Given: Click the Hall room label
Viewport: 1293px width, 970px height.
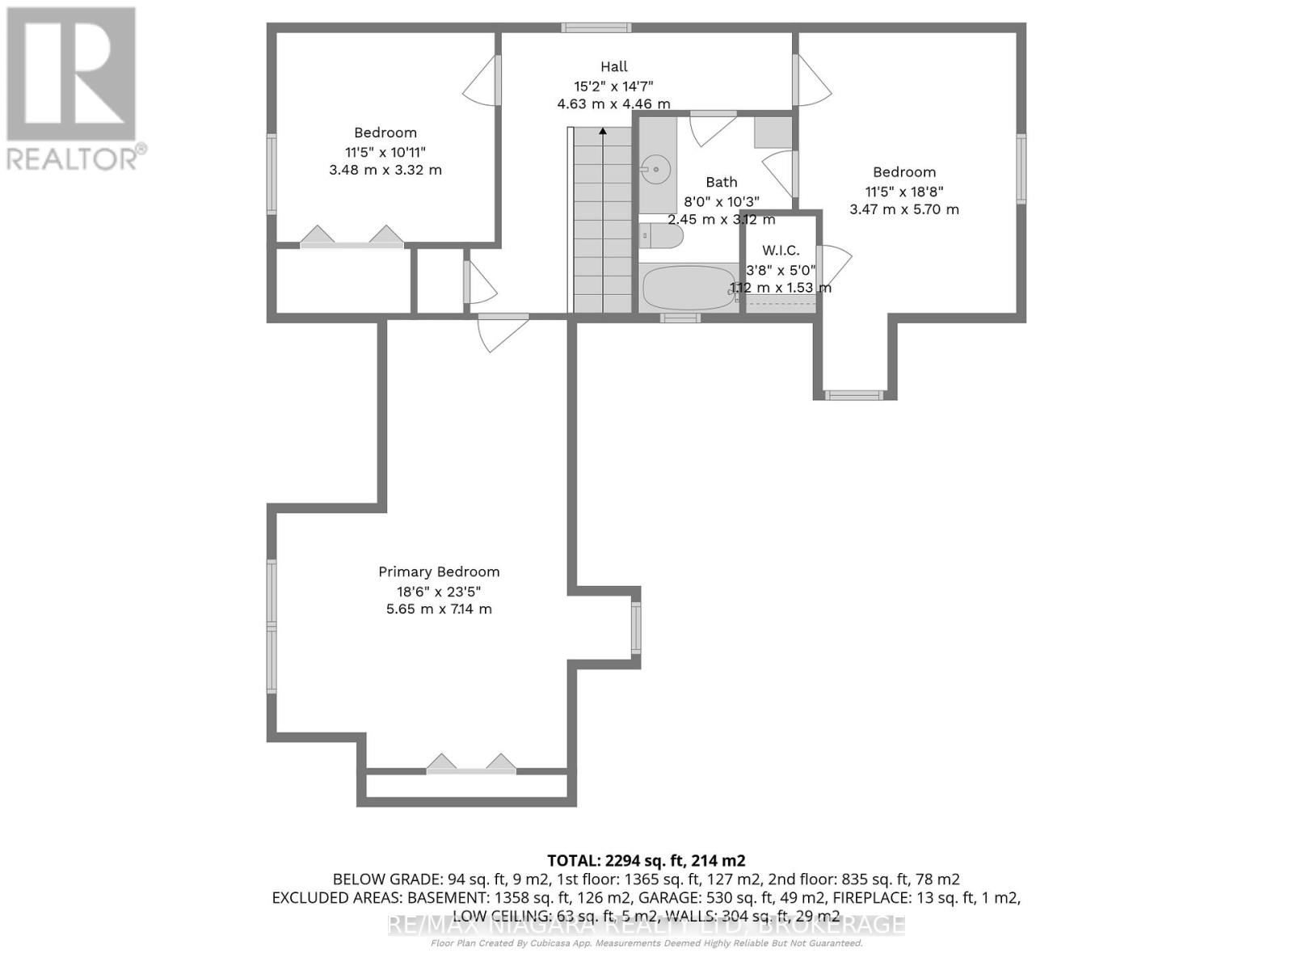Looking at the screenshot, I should (613, 67).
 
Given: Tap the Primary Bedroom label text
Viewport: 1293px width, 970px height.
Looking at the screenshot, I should (439, 571).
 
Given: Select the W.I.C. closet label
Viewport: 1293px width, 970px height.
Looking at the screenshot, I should (781, 251).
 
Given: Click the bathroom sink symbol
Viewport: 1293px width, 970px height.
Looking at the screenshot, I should (656, 170).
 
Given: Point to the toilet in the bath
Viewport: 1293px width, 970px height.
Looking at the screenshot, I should (663, 236).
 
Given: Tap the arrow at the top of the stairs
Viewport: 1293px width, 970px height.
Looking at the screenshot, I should (602, 131).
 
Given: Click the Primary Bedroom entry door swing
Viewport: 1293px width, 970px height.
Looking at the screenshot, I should (501, 331).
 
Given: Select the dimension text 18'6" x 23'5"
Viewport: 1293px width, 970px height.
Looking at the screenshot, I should (439, 591).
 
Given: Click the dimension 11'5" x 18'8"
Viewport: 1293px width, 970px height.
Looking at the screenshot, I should (903, 192).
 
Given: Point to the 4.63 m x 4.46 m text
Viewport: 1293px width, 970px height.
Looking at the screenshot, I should (613, 103).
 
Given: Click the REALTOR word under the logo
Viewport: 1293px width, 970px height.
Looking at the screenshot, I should (73, 158).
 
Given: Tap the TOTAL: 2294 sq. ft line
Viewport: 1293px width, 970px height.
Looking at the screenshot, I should (646, 860).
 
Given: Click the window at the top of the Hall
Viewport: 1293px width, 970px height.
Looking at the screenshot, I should (596, 27).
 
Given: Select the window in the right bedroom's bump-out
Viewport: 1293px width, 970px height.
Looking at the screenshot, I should (854, 395).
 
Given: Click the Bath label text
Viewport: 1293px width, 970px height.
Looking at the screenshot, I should (721, 182).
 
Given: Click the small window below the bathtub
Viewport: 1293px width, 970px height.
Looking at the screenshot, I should (680, 318).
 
